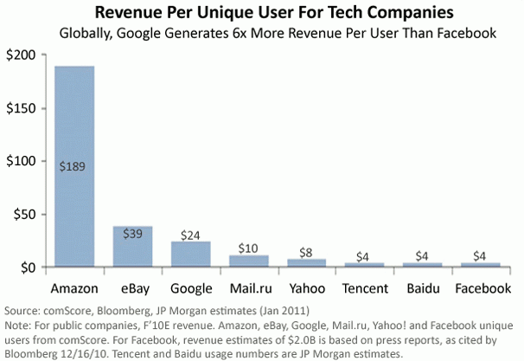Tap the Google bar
tap(190, 255)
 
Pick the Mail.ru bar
tap(248, 261)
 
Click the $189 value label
tap(75, 143)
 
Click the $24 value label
tap(191, 235)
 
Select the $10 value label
tap(248, 248)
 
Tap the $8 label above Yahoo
tap(306, 251)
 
